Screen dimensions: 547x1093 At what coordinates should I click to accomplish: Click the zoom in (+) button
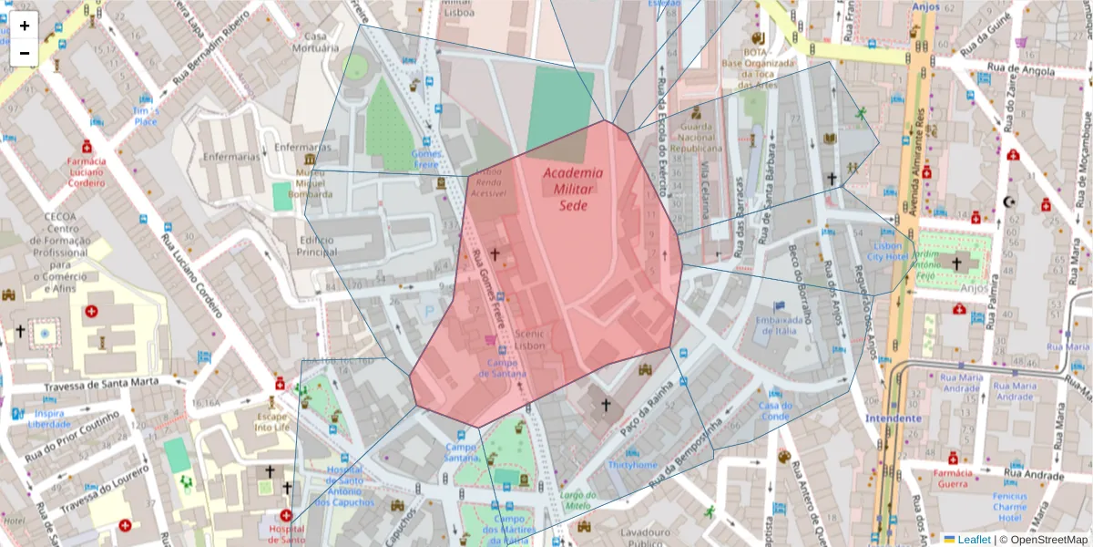pyautogui.click(x=25, y=26)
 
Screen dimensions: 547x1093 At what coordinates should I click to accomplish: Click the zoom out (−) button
pyautogui.click(x=25, y=53)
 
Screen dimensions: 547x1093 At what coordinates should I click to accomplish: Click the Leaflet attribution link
pyautogui.click(x=973, y=539)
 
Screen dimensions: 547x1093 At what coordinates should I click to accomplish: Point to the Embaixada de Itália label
pyautogui.click(x=778, y=325)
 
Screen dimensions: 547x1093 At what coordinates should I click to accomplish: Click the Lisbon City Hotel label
pyautogui.click(x=888, y=252)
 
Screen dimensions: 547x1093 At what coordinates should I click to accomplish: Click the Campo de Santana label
pyautogui.click(x=500, y=368)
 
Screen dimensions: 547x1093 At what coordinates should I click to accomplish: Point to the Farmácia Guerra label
pyautogui.click(x=953, y=479)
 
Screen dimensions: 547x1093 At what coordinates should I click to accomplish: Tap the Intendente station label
pyautogui.click(x=894, y=418)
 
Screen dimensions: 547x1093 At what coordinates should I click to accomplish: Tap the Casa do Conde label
pyautogui.click(x=776, y=411)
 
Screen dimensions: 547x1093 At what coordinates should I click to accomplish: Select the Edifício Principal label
pyautogui.click(x=316, y=245)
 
